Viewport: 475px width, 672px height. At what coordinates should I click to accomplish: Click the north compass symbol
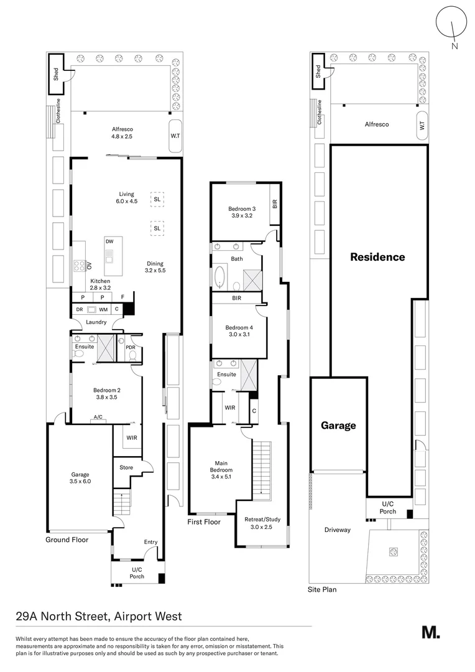pyautogui.click(x=452, y=26)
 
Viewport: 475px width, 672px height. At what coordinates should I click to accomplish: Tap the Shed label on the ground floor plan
pyautogui.click(x=57, y=74)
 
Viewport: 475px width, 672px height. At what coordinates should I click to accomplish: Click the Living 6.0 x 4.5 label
pyautogui.click(x=127, y=197)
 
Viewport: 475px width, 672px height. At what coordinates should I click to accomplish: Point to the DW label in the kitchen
pyautogui.click(x=109, y=241)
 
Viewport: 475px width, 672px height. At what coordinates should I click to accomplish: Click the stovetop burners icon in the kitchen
pyautogui.click(x=80, y=266)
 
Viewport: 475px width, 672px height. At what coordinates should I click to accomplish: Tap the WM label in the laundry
pyautogui.click(x=103, y=309)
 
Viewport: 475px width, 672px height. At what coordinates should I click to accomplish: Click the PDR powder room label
pyautogui.click(x=130, y=347)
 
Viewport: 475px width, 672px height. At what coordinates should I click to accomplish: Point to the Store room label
pyautogui.click(x=126, y=467)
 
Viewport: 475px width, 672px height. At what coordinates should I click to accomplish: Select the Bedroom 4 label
pyautogui.click(x=239, y=331)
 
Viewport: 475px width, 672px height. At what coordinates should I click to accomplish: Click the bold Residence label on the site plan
pyautogui.click(x=377, y=256)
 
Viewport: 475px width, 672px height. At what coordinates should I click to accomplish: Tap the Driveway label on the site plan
pyautogui.click(x=338, y=530)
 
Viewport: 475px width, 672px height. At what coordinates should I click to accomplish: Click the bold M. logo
pyautogui.click(x=430, y=632)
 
